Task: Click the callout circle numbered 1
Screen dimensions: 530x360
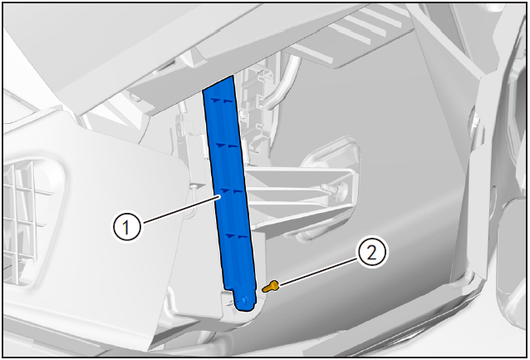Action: [x=126, y=226]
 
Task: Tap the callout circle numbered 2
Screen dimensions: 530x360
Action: [x=371, y=253]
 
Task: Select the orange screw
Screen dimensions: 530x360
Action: [x=271, y=287]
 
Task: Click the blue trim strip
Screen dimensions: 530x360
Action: [x=230, y=190]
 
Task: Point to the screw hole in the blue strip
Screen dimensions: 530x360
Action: [x=245, y=299]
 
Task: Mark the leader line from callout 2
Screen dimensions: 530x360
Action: [x=317, y=272]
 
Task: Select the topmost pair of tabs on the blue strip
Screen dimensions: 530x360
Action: [x=223, y=101]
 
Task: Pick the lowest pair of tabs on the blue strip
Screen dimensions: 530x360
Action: [x=236, y=236]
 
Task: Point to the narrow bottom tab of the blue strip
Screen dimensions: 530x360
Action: [x=245, y=298]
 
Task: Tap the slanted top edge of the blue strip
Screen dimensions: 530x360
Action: [x=218, y=83]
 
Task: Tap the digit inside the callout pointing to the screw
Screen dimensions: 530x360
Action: [x=371, y=253]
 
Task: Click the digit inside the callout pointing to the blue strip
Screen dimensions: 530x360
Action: [x=126, y=226]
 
